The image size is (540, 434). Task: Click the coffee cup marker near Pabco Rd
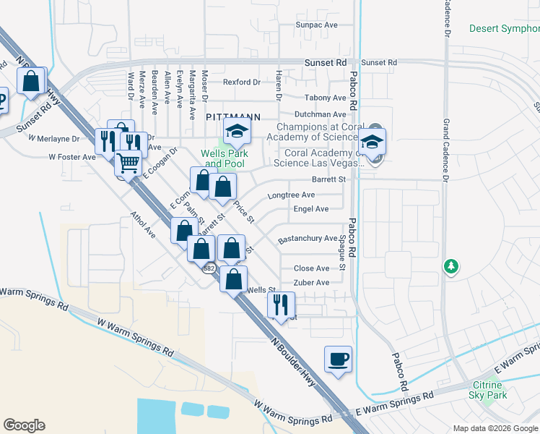point(338,359)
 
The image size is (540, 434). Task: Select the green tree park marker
point(451,267)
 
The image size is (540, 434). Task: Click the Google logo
point(25,425)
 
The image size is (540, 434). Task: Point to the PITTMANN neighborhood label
point(232,116)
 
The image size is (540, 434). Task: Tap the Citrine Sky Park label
point(489,389)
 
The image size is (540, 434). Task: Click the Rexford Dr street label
point(241,82)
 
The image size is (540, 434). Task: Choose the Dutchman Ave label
point(320,114)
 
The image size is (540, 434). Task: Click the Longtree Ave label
point(291,195)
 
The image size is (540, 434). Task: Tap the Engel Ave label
point(310,209)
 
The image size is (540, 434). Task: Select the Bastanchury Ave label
point(308,238)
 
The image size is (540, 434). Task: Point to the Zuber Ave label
point(311,283)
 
